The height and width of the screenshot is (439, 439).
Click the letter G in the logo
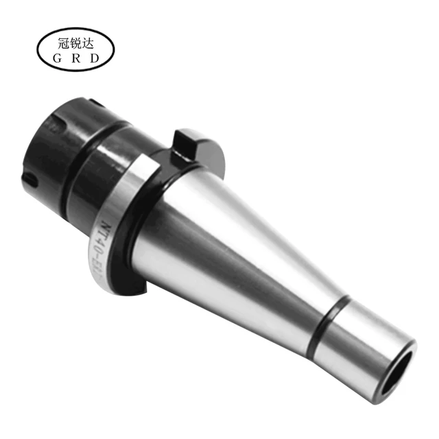pos(58,58)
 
